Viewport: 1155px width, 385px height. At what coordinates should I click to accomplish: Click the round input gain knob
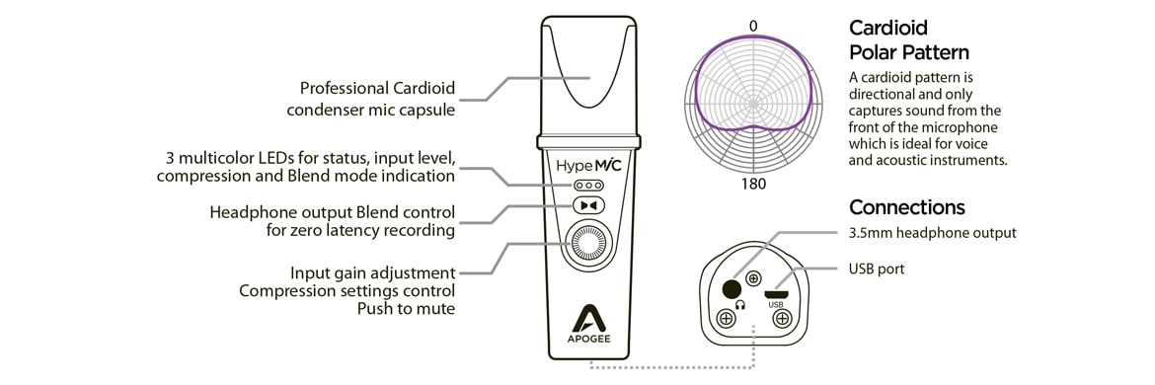click(588, 246)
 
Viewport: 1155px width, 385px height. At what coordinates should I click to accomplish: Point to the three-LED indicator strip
click(588, 185)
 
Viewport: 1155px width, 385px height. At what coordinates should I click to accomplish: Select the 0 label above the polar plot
click(753, 26)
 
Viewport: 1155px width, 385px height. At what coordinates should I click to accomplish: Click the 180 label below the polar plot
click(753, 183)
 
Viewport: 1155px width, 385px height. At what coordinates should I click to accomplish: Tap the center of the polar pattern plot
click(753, 103)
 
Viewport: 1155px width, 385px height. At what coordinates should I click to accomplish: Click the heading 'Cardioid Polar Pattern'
click(908, 40)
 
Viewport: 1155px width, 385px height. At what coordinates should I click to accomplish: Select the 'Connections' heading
click(906, 208)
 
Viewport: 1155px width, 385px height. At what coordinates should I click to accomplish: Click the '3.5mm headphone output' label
click(932, 233)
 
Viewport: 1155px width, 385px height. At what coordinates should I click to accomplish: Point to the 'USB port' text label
click(877, 269)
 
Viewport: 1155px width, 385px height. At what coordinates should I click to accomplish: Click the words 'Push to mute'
click(406, 309)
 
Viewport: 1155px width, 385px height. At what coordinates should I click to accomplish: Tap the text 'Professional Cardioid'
click(377, 88)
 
